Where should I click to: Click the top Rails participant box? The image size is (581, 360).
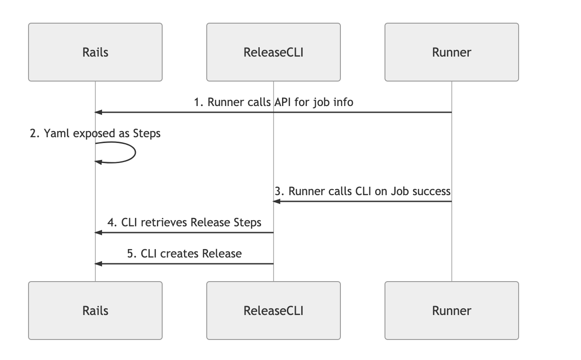[95, 52]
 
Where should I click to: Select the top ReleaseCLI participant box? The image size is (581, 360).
[274, 52]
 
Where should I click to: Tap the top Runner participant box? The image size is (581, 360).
[452, 52]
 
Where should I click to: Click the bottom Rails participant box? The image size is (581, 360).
[95, 311]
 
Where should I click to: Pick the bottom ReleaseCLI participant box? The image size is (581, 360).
[274, 311]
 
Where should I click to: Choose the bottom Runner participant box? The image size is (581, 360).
[452, 311]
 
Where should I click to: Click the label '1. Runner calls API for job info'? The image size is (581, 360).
[274, 102]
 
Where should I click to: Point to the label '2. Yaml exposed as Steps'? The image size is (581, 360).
[95, 133]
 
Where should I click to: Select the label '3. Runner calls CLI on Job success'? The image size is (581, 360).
[363, 191]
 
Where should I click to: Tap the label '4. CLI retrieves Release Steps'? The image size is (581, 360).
[184, 222]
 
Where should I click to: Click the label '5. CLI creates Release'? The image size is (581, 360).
[184, 254]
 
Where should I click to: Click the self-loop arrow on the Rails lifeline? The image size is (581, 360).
[134, 152]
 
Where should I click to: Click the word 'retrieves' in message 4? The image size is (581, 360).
[164, 222]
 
